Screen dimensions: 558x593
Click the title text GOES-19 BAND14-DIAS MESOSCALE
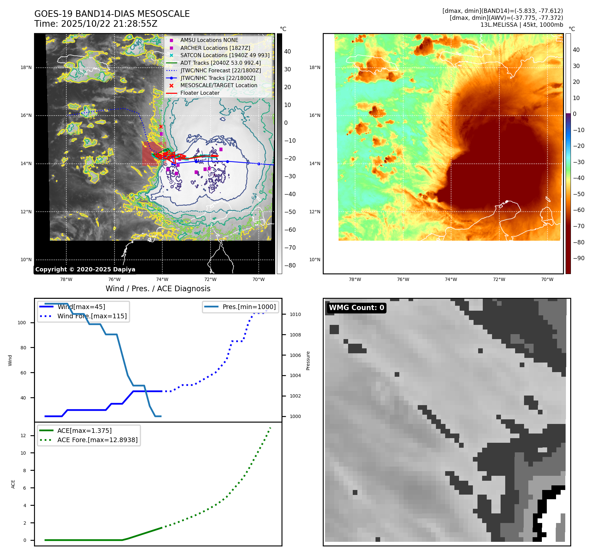click(x=112, y=14)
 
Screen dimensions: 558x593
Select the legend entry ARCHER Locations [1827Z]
click(x=215, y=48)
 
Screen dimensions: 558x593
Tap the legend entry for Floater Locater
click(x=200, y=93)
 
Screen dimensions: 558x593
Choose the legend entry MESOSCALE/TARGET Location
click(x=218, y=86)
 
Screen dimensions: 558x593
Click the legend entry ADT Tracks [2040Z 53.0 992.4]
click(x=220, y=63)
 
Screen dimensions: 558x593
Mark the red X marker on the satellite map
click(x=161, y=126)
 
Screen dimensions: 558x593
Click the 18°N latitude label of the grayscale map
click(x=26, y=68)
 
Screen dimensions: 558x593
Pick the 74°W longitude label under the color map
click(x=451, y=279)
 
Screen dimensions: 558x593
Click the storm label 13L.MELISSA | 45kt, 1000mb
click(x=521, y=25)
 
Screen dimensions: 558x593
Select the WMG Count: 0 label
click(x=356, y=308)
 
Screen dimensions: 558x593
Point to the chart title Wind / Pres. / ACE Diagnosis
click(x=158, y=289)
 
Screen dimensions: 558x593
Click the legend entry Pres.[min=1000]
click(x=249, y=307)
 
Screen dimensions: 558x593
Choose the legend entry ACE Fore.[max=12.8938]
click(x=97, y=440)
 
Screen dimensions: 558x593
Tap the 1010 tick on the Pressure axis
click(x=295, y=314)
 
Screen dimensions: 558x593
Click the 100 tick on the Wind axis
click(x=22, y=323)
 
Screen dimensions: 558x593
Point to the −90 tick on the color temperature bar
click(x=578, y=258)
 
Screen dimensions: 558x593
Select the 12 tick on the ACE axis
click(x=23, y=436)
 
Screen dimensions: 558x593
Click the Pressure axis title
click(x=308, y=361)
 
